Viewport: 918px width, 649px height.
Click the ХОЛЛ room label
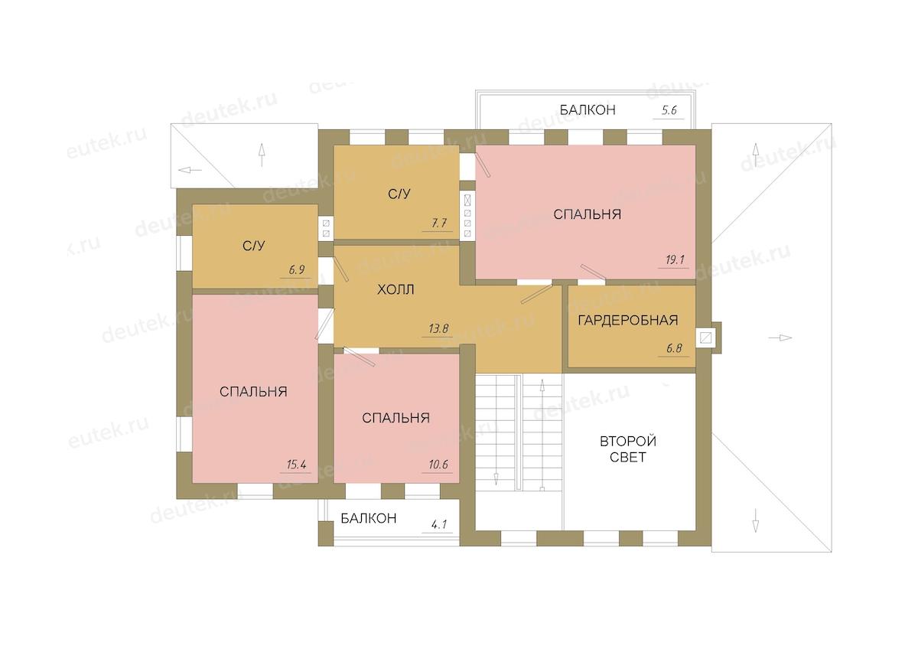pyautogui.click(x=396, y=290)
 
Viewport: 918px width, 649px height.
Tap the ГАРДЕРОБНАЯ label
pyautogui.click(x=628, y=320)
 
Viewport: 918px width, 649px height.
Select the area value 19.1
pyautogui.click(x=675, y=259)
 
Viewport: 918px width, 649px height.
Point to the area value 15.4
pyautogui.click(x=296, y=465)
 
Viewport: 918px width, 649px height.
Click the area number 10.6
pyautogui.click(x=438, y=465)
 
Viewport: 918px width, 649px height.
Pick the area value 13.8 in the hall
pyautogui.click(x=438, y=328)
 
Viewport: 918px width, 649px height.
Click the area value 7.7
pyautogui.click(x=439, y=223)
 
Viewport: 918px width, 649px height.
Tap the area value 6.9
pyautogui.click(x=296, y=269)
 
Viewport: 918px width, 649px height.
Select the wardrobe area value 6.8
pyautogui.click(x=674, y=348)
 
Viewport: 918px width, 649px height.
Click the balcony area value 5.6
pyautogui.click(x=669, y=110)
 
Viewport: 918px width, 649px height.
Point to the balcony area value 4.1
pyautogui.click(x=439, y=524)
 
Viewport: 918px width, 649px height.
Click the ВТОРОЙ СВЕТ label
pyautogui.click(x=628, y=449)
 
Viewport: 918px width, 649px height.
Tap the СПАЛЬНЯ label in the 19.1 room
pyautogui.click(x=587, y=214)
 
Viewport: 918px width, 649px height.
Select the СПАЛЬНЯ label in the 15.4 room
pyautogui.click(x=253, y=392)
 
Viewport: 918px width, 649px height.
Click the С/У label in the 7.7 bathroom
pyautogui.click(x=399, y=194)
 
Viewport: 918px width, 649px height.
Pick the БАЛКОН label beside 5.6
pyautogui.click(x=588, y=110)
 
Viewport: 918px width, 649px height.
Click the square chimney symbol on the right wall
pyautogui.click(x=705, y=338)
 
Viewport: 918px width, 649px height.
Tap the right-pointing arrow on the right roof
pyautogui.click(x=780, y=338)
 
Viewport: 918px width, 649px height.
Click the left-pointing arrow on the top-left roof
pyautogui.click(x=190, y=170)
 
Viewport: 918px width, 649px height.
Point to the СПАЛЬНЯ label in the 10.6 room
pyautogui.click(x=396, y=418)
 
